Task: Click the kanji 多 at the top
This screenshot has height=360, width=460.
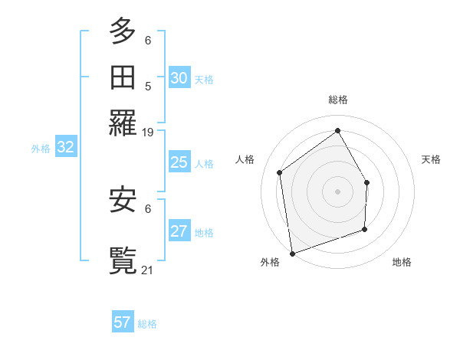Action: click(123, 31)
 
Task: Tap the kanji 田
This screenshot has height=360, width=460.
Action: click(123, 77)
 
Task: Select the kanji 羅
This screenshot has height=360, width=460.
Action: click(123, 123)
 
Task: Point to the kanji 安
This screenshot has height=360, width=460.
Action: click(123, 201)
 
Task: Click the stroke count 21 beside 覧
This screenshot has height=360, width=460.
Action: click(148, 270)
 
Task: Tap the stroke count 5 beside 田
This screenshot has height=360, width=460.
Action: click(148, 87)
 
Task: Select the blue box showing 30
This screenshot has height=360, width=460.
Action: click(179, 78)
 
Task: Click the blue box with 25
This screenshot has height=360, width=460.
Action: click(179, 162)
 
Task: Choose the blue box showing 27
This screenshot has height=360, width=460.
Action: click(179, 231)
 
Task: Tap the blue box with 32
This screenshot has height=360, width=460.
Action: click(65, 148)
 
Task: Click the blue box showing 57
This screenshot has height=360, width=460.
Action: click(123, 322)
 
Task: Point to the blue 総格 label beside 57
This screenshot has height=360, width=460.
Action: click(148, 324)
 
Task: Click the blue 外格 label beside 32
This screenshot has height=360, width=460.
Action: click(41, 149)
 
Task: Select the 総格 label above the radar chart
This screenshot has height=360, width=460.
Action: click(338, 100)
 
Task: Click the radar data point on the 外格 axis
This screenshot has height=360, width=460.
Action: click(292, 254)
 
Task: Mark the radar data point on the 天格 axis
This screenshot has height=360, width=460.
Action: click(366, 182)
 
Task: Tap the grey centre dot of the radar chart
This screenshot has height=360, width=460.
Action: click(338, 191)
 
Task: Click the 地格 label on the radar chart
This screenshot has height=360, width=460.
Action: click(402, 263)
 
